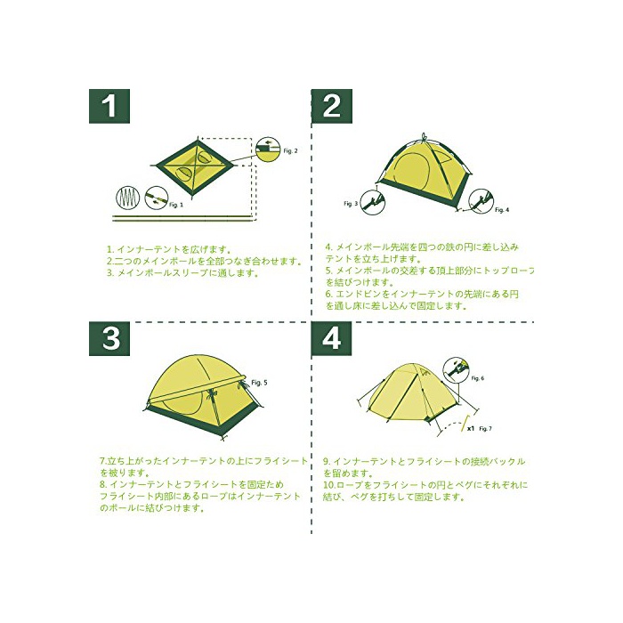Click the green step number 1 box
click(x=109, y=106)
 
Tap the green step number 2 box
click(x=332, y=106)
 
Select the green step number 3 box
click(x=109, y=338)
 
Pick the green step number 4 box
click(x=332, y=338)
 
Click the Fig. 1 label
click(x=176, y=205)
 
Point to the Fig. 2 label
click(x=290, y=151)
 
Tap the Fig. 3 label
click(x=351, y=204)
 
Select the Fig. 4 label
click(x=502, y=210)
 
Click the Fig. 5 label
click(x=260, y=383)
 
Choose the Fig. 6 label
click(x=478, y=378)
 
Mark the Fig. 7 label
click(x=486, y=429)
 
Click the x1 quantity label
click(x=471, y=429)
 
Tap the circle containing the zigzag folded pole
click(x=128, y=198)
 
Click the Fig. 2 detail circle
click(x=268, y=150)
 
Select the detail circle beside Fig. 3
click(x=372, y=202)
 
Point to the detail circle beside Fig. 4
click(x=481, y=202)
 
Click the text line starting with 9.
click(x=424, y=462)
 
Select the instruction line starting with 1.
click(x=169, y=250)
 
